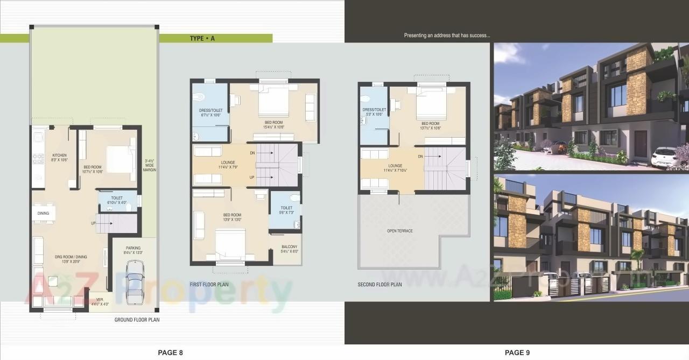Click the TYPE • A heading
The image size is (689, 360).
click(202, 38)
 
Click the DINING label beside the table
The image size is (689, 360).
click(44, 214)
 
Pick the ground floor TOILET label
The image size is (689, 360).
click(117, 198)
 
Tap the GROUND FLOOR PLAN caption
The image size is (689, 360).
click(137, 320)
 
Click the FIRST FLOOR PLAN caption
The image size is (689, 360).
click(209, 284)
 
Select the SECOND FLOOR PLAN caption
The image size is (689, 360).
click(379, 284)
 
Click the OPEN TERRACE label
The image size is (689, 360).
click(399, 231)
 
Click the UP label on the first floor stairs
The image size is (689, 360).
click(252, 177)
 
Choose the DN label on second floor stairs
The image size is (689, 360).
click(420, 157)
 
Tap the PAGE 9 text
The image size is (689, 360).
click(517, 352)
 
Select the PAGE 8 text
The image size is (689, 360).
click(170, 352)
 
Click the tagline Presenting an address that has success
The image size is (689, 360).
click(447, 36)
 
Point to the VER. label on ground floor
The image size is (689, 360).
click(99, 300)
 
